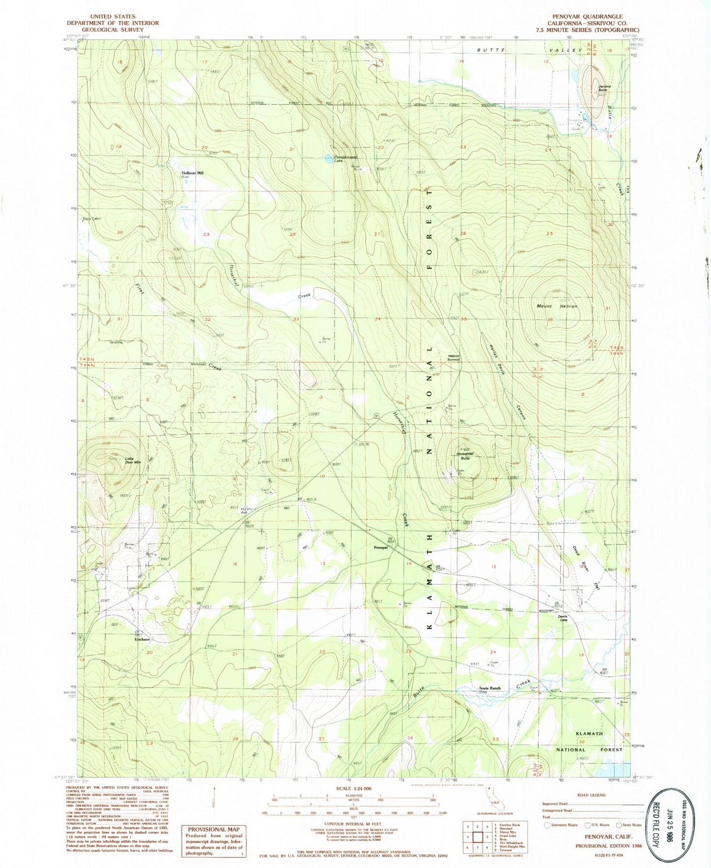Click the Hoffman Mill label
[192, 173]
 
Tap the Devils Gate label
[563, 619]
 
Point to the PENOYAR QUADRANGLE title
[587, 16]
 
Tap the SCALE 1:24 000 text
[354, 788]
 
